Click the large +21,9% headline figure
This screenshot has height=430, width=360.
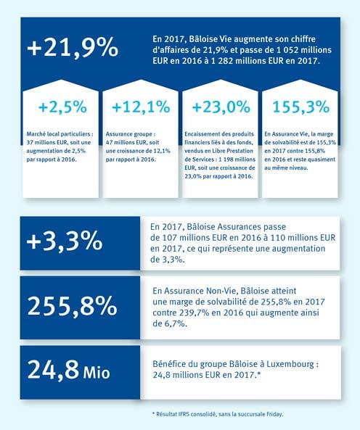(x=73, y=48)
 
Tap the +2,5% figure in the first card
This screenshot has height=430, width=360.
(x=62, y=107)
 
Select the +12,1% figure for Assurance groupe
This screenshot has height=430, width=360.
(x=141, y=107)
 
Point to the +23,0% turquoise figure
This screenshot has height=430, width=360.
(x=221, y=107)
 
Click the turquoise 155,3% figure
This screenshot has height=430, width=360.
(x=301, y=107)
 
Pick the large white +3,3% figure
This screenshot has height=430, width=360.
(x=65, y=241)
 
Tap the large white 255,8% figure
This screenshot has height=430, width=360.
(x=73, y=306)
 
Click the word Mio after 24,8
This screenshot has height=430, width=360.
(x=97, y=373)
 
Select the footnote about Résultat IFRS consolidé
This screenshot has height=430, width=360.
(x=217, y=414)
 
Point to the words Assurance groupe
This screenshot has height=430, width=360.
(x=130, y=134)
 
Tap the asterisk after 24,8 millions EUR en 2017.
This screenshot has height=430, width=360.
(x=258, y=373)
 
